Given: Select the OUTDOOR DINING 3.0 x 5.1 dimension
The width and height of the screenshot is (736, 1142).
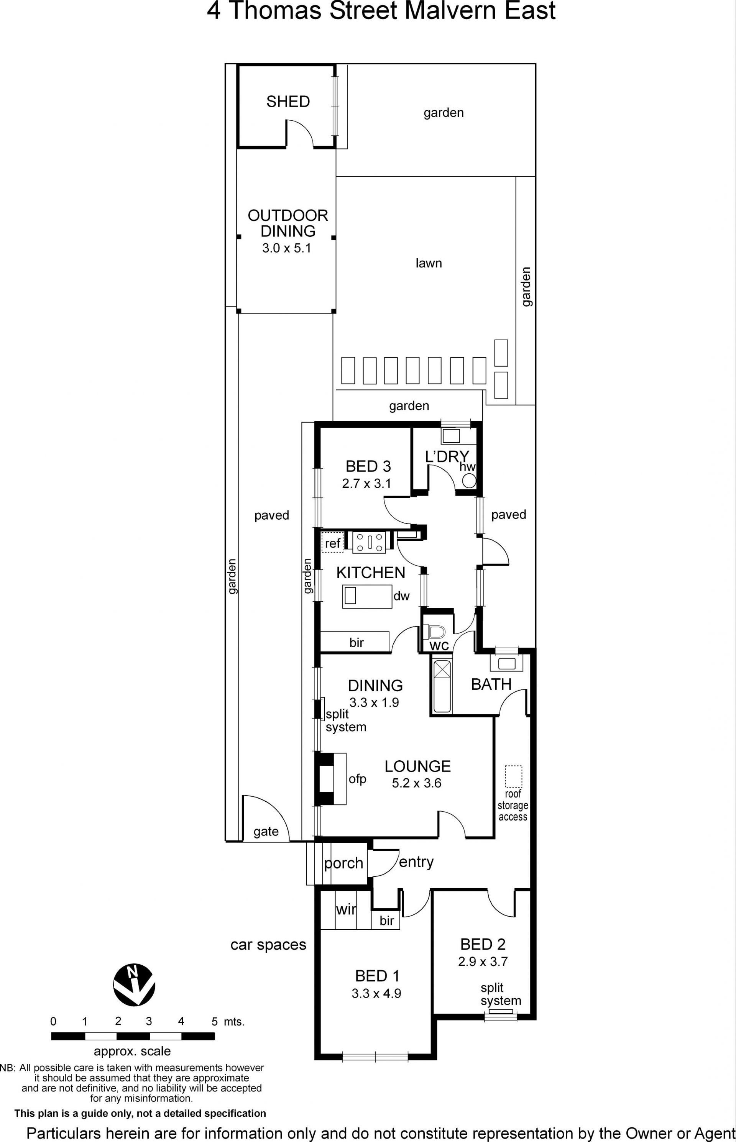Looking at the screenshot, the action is tap(286, 248).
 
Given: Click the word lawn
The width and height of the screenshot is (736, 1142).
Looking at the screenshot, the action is tap(429, 263).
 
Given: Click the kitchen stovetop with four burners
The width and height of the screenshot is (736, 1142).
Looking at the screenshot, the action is tap(369, 542).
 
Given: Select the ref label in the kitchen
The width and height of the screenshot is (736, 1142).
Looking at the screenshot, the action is tap(333, 543).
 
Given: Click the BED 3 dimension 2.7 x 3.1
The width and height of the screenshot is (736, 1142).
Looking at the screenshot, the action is tap(366, 483).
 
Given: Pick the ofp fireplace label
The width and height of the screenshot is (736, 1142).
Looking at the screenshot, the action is tap(358, 779).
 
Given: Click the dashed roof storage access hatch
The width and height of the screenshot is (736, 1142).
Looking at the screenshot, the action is tap(514, 776).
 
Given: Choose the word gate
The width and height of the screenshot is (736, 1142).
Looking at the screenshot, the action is tap(266, 832).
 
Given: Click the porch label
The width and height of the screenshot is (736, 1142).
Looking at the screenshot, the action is tap(344, 863).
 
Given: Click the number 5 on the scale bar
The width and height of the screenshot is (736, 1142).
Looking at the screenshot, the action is tap(215, 1021).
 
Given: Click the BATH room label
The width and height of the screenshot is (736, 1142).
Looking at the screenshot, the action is tap(491, 684).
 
